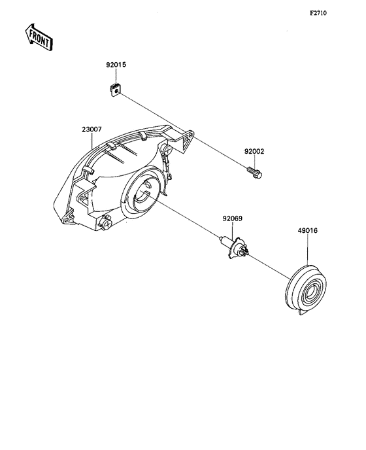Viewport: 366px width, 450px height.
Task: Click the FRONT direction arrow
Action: pyautogui.click(x=39, y=37)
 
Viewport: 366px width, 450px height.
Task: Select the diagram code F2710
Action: pyautogui.click(x=318, y=13)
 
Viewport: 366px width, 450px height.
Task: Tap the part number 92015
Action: pyautogui.click(x=116, y=65)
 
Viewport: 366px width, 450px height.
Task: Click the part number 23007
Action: pyautogui.click(x=91, y=130)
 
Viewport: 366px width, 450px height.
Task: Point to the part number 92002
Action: pyautogui.click(x=254, y=151)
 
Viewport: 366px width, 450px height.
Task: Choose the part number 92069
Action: pyautogui.click(x=232, y=218)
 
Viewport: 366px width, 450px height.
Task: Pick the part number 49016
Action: pyautogui.click(x=307, y=230)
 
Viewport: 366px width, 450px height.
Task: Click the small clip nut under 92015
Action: pyautogui.click(x=115, y=90)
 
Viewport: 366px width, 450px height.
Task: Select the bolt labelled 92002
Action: pyautogui.click(x=254, y=173)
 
